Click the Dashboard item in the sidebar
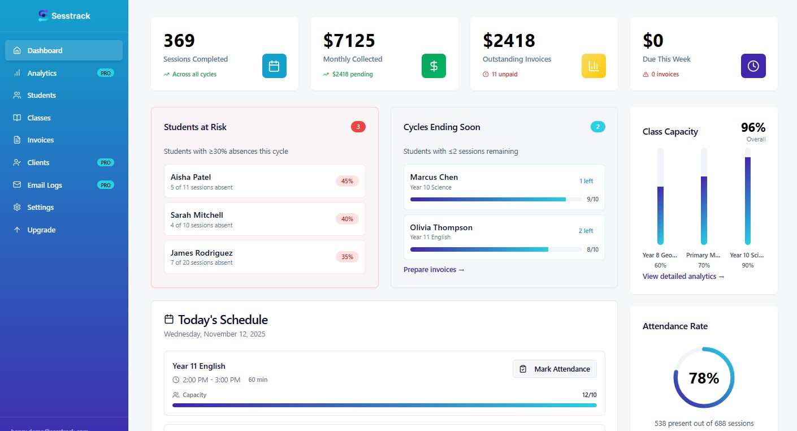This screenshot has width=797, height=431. pyautogui.click(x=45, y=50)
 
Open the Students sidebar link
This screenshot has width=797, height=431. pyautogui.click(x=41, y=95)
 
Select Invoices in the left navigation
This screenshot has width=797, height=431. pyautogui.click(x=40, y=140)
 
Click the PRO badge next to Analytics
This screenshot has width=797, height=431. pyautogui.click(x=105, y=73)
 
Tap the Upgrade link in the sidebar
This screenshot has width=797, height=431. pyautogui.click(x=41, y=230)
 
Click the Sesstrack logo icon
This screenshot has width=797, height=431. pyautogui.click(x=44, y=16)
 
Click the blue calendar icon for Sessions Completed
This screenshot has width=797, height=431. pyautogui.click(x=274, y=66)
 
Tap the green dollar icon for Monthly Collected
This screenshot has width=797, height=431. pyautogui.click(x=434, y=66)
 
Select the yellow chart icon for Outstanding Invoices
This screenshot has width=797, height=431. pyautogui.click(x=594, y=66)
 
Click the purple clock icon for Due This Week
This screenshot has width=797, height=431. pyautogui.click(x=753, y=66)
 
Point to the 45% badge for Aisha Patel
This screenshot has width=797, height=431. pyautogui.click(x=347, y=181)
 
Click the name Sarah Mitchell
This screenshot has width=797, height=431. pyautogui.click(x=197, y=215)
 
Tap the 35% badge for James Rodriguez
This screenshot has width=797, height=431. pyautogui.click(x=347, y=257)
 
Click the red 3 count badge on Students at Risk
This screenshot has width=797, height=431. pyautogui.click(x=358, y=127)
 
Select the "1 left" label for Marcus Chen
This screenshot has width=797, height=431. pyautogui.click(x=586, y=181)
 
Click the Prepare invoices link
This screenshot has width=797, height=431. pyautogui.click(x=434, y=270)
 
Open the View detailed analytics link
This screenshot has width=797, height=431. pyautogui.click(x=683, y=277)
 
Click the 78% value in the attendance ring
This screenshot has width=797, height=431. pyautogui.click(x=704, y=378)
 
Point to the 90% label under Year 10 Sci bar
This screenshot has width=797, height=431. pyautogui.click(x=747, y=265)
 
